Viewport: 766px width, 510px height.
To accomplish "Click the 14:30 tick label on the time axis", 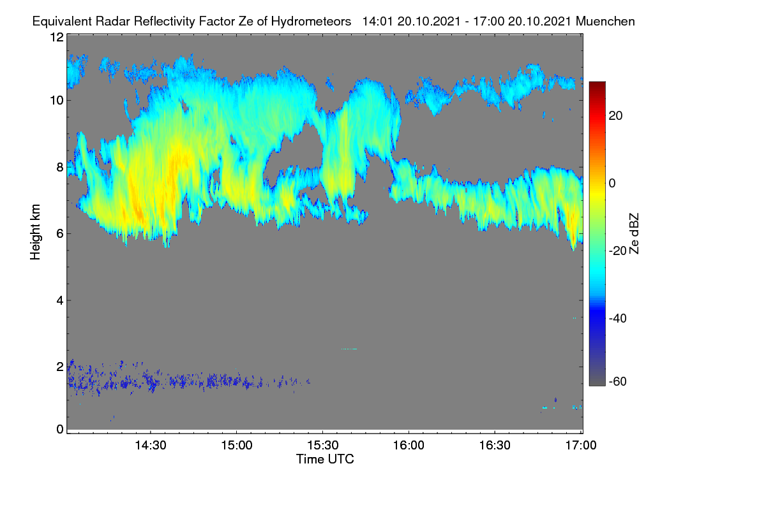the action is (151, 446).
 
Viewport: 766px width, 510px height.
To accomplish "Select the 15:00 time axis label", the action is (237, 446).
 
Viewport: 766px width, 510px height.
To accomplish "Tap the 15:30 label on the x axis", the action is (323, 446).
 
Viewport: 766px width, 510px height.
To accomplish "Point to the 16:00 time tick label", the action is (409, 446).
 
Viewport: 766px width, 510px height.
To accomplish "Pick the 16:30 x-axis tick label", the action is (495, 446).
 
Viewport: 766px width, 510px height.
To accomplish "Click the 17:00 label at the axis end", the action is (581, 446).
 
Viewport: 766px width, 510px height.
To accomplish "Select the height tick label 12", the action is (57, 37).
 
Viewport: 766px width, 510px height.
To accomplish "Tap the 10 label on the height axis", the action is (57, 101).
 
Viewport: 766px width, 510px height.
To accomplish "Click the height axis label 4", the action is (60, 301).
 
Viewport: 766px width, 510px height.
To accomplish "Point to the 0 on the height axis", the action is (60, 430).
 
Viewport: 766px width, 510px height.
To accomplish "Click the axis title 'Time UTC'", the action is (325, 460).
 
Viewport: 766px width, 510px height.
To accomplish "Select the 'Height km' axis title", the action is (35, 232).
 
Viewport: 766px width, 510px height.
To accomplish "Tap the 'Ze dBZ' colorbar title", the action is (634, 234).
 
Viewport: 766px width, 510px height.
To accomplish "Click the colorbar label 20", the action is (615, 116).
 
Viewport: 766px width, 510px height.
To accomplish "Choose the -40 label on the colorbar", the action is (618, 318).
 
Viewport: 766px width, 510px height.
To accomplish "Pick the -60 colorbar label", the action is (618, 382).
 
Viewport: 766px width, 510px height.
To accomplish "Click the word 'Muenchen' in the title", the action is (605, 22).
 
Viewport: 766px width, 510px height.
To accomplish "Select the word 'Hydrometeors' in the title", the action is (311, 22).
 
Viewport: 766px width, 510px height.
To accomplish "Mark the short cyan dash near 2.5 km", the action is (349, 349).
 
